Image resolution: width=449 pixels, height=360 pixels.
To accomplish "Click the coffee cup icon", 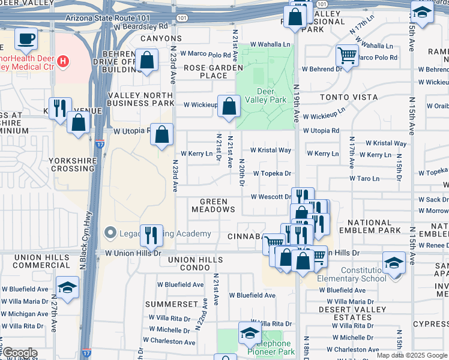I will click(x=26, y=40).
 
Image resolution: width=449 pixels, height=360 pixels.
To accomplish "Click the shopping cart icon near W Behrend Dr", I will click(x=347, y=55).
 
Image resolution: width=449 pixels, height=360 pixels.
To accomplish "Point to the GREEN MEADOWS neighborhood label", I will click(x=213, y=206).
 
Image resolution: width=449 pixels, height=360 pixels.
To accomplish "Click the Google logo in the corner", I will click(x=19, y=353).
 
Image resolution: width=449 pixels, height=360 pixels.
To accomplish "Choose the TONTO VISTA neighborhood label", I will click(x=342, y=97).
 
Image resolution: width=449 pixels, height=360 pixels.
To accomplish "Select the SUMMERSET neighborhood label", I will click(x=171, y=304).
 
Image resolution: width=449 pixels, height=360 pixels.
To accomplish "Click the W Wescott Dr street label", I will click(x=271, y=197).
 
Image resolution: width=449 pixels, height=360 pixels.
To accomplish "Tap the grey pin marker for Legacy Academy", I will click(x=110, y=232).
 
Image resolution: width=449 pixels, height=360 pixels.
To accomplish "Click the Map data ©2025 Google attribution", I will click(x=411, y=355).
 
